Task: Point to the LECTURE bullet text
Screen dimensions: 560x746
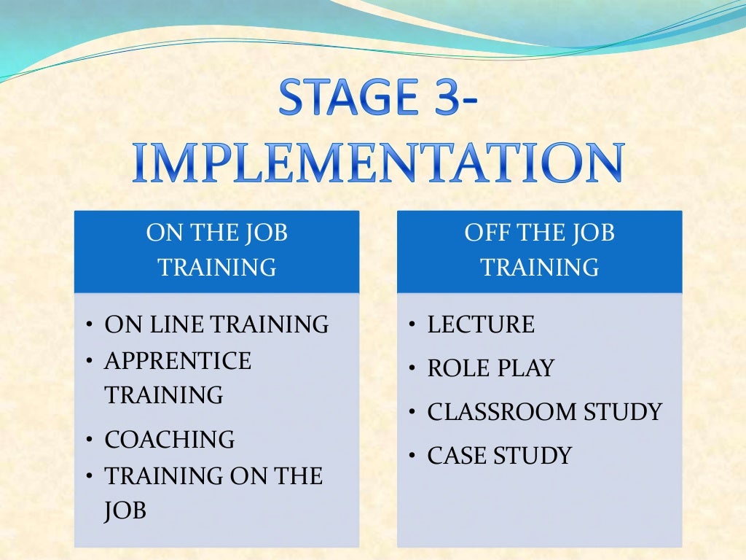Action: click(481, 324)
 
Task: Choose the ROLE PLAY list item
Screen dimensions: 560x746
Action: click(490, 368)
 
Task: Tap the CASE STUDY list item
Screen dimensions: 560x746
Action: click(499, 456)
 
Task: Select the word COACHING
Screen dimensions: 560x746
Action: click(170, 440)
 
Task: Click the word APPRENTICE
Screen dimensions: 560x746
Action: click(178, 361)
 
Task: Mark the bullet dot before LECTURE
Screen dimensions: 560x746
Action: click(412, 325)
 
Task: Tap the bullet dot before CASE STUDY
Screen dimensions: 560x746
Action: click(412, 457)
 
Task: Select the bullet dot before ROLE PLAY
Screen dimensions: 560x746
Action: click(412, 369)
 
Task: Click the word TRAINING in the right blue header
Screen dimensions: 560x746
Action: click(540, 268)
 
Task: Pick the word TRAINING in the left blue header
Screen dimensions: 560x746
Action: click(217, 268)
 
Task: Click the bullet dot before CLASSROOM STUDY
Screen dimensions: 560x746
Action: click(412, 413)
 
